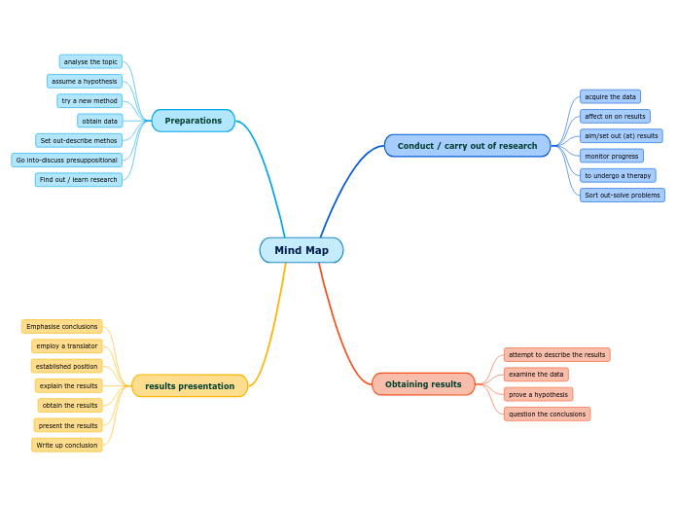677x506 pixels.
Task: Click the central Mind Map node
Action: [x=302, y=250]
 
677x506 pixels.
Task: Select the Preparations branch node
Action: [x=194, y=121]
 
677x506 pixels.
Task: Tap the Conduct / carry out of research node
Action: [x=467, y=146]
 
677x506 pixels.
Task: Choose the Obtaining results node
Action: [x=423, y=384]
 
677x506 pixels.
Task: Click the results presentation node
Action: [x=190, y=386]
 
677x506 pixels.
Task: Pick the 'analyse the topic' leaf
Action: [x=90, y=62]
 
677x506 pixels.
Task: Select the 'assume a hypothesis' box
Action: [x=85, y=82]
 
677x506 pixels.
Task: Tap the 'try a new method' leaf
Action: [x=89, y=101]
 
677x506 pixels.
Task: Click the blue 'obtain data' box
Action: [x=100, y=121]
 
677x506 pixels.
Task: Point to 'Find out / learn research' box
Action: [x=79, y=180]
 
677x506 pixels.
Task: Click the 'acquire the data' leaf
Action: [x=610, y=97]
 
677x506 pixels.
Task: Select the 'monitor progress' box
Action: [x=612, y=156]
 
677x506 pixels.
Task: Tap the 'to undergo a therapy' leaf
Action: [x=618, y=175]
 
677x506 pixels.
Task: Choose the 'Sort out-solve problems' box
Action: [x=623, y=196]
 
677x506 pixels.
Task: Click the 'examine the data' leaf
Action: [x=536, y=375]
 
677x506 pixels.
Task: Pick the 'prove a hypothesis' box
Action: [x=538, y=394]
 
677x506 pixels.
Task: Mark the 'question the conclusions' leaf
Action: [x=547, y=415]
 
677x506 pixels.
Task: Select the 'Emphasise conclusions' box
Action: [x=62, y=327]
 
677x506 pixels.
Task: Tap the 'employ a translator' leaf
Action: [x=67, y=346]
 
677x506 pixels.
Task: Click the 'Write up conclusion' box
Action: [x=67, y=446]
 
